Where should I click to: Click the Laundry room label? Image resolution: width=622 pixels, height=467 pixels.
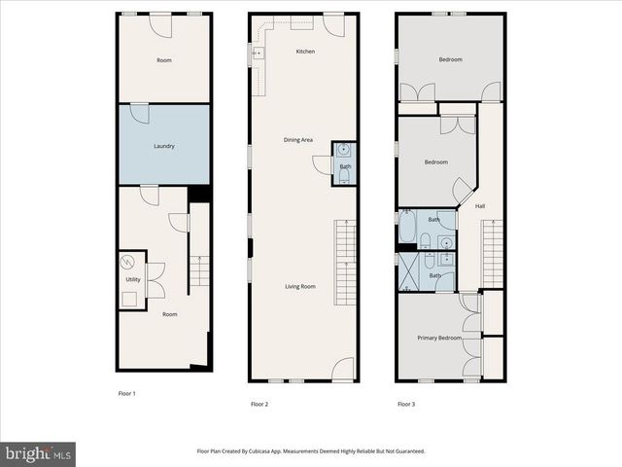coord(164,146)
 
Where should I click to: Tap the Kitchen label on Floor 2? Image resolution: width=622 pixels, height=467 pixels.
coord(306,52)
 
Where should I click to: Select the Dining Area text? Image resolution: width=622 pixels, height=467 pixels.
coord(298,140)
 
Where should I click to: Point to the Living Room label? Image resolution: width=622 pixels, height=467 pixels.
coord(300,286)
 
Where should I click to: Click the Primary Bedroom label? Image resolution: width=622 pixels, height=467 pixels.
coord(439,338)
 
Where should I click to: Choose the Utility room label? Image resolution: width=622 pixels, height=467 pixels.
coord(132,280)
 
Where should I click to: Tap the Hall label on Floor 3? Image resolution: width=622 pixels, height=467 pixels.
coord(480,206)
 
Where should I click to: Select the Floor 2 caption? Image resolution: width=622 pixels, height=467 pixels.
coord(259,403)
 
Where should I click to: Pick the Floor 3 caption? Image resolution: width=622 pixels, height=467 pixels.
coord(405,403)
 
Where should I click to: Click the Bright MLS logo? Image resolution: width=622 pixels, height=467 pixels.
coord(38,453)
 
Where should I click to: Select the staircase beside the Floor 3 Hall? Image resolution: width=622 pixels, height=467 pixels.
coord(493,255)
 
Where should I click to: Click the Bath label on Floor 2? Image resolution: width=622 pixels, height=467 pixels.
coord(345,166)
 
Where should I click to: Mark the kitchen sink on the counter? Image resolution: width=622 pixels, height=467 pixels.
coord(258,54)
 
